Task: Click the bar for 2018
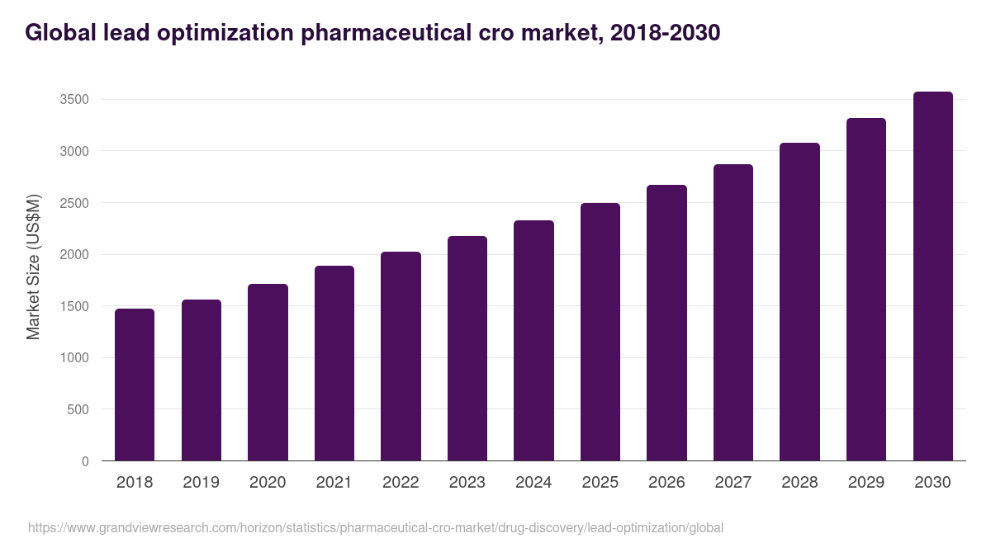135,385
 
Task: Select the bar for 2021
334,363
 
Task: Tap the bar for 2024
533,340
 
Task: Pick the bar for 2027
733,312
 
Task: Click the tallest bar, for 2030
932,276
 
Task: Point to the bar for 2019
201,380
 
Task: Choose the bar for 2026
666,323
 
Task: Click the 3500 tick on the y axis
74,100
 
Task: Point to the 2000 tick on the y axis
74,255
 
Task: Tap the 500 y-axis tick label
78,409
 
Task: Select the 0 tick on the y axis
85,461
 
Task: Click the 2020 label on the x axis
268,483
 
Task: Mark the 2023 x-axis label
467,483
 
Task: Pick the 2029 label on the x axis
866,483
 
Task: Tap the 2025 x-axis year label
600,483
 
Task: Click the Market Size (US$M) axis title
33,267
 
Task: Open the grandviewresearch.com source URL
376,527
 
